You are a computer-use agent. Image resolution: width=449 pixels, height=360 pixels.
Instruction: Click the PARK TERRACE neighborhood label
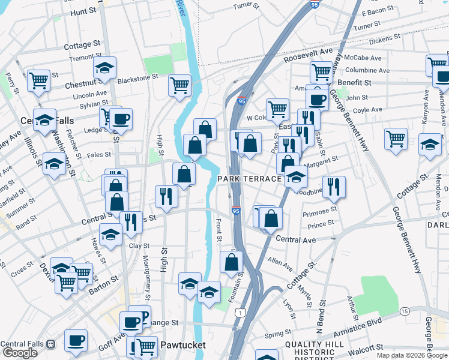249,179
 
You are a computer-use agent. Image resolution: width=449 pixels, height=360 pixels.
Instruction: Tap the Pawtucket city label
182,345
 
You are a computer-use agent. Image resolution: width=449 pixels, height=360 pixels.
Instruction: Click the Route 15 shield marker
405,311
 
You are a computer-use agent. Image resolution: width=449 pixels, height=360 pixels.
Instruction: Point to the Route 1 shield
240,313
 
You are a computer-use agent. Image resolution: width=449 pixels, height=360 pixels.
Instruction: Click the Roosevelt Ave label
309,55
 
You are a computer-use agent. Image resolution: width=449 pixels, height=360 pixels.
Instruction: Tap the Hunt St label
84,11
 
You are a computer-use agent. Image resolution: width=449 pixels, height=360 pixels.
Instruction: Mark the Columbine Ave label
367,70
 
